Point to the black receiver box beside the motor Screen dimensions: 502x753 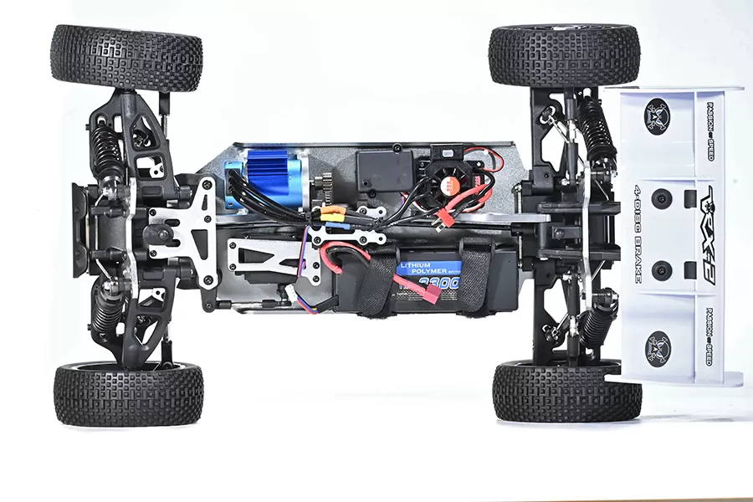click(x=384, y=171)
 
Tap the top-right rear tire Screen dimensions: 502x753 click(x=564, y=55)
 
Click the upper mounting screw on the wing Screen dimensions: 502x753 click(x=662, y=199)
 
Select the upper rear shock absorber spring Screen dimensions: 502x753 click(x=596, y=125)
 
